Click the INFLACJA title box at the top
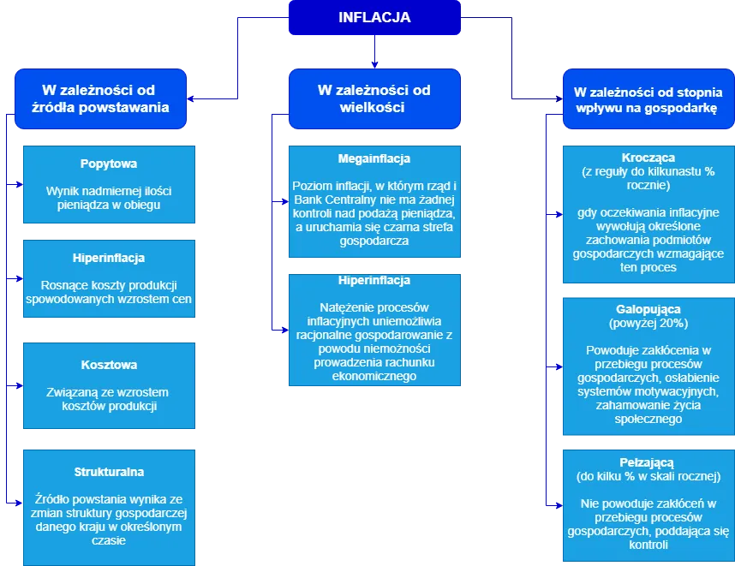click(374, 17)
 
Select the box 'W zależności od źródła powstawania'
click(99, 99)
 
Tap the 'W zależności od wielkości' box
click(374, 99)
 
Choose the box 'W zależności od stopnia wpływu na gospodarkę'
click(648, 99)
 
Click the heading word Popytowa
click(109, 164)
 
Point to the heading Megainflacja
click(374, 158)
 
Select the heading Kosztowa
click(109, 365)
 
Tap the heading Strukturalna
click(109, 472)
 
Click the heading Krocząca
click(648, 158)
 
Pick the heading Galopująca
click(648, 308)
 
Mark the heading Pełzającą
click(648, 462)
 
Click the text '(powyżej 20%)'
click(648, 323)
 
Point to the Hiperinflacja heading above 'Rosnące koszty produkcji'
click(109, 258)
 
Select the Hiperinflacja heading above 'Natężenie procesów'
click(374, 280)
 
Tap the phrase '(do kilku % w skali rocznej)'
click(648, 476)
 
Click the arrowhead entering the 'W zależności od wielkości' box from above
click(374, 63)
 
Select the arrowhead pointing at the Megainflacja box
click(283, 203)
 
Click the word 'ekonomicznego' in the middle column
click(374, 376)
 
